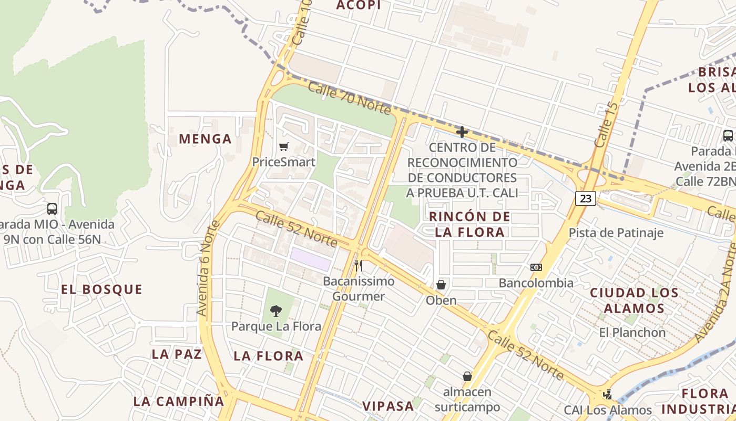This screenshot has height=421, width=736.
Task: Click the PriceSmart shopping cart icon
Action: tap(284, 146)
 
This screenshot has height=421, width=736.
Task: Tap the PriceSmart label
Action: tap(284, 162)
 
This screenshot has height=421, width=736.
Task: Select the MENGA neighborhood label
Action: tap(205, 139)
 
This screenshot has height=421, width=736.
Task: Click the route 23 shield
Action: tap(586, 198)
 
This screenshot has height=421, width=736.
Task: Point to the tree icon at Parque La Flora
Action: tap(275, 311)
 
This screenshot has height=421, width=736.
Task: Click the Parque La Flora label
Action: tap(276, 326)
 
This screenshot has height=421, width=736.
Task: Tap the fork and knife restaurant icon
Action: tap(358, 265)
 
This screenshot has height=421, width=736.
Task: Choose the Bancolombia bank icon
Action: tap(536, 267)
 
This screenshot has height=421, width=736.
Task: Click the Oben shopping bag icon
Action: tap(441, 285)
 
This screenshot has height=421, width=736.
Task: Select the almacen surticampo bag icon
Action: tap(467, 376)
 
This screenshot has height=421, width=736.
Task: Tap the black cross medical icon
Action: tap(462, 132)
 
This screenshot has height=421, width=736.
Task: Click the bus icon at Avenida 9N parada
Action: tap(52, 208)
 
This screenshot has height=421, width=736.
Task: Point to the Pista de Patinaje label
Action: tap(616, 233)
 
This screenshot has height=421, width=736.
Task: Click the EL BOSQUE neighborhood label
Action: tap(101, 289)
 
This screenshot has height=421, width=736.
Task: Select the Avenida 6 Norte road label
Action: tap(208, 268)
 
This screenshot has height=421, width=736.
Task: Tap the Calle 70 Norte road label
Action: tap(349, 98)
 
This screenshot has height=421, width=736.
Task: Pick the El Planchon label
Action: tap(632, 333)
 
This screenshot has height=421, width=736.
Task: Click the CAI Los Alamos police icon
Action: tap(608, 394)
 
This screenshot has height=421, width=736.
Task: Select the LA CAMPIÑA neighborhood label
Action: tap(179, 401)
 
